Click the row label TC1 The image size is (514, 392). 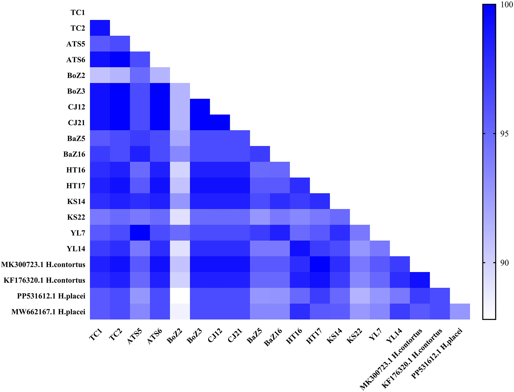[78, 12]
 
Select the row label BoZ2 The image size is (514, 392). [76, 75]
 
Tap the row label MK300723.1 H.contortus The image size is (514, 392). [43, 264]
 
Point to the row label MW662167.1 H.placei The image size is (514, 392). [48, 312]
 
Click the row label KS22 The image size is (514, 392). [76, 217]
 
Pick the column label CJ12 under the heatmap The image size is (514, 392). [215, 336]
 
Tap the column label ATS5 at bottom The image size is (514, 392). [135, 337]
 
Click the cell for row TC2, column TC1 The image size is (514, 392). [100, 28]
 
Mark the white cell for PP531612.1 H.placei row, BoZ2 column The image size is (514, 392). [180, 296]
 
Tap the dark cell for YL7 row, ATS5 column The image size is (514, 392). [140, 233]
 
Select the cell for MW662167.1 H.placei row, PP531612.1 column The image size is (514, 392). [460, 311]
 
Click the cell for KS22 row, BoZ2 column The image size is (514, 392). [180, 217]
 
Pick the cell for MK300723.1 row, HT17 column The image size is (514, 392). [320, 264]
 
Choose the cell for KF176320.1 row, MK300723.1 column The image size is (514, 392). [420, 280]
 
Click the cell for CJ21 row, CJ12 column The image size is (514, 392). [220, 122]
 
